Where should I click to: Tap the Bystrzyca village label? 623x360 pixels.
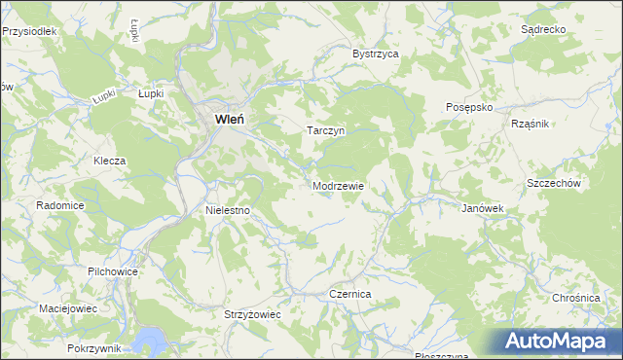click(376, 54)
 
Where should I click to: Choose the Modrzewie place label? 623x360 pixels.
click(338, 185)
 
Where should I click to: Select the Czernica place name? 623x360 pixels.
click(350, 293)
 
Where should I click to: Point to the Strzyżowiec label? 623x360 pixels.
click(252, 315)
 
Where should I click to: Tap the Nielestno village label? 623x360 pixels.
click(229, 209)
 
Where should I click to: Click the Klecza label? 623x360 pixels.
click(110, 160)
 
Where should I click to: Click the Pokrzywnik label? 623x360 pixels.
click(94, 347)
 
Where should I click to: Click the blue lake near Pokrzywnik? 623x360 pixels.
click(151, 340)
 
